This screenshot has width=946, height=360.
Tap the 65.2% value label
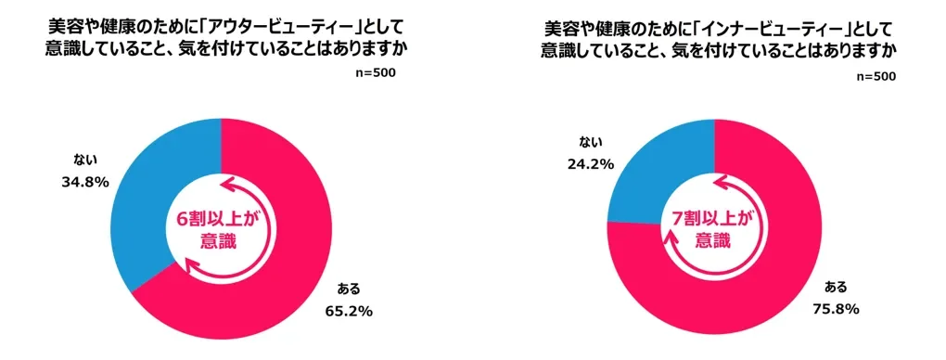[347, 311]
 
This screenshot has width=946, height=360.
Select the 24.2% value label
[591, 164]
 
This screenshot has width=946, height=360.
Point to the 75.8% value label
[840, 308]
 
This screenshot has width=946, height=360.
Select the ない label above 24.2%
[590, 141]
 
